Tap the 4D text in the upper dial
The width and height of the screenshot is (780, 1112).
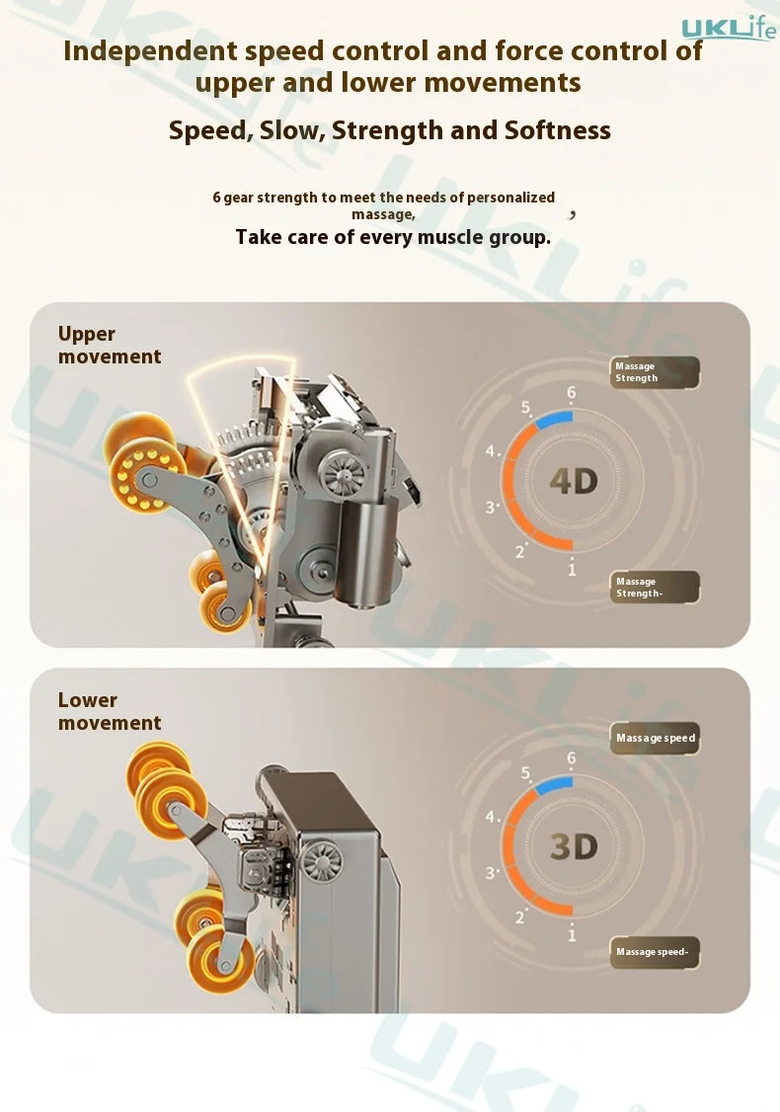pos(574,482)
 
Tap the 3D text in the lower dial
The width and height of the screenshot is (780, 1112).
pos(574,846)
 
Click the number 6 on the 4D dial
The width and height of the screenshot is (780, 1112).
pos(572,393)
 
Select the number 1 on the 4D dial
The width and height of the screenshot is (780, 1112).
pos(573,569)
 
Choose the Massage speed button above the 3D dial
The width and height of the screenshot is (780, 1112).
pos(655,739)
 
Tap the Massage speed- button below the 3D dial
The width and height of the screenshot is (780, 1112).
pos(655,952)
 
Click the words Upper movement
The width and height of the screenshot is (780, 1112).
pos(110,345)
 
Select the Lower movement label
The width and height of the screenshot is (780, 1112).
pos(110,711)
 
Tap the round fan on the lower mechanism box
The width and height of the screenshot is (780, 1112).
pos(322,862)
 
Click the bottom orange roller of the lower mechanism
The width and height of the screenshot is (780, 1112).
pos(221,960)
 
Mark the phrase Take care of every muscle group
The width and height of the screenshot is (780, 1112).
pos(393,237)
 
